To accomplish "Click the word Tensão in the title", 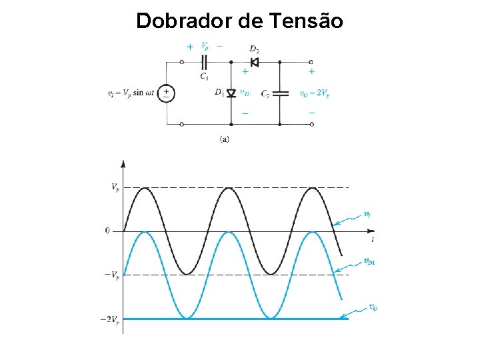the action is [x=307, y=21].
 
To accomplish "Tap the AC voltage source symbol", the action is [x=166, y=93].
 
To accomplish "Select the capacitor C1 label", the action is [x=204, y=76].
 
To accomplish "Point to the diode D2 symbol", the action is [x=254, y=62].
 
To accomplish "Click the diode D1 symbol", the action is [x=231, y=93].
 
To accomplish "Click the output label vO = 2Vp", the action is [x=314, y=93].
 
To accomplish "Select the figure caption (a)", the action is [x=225, y=139].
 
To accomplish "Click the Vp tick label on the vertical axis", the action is [x=115, y=187].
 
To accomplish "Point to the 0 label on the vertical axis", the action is [x=107, y=231].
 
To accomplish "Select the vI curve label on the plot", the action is [x=367, y=214].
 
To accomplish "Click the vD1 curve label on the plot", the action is [x=370, y=261].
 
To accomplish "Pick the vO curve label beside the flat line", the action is [x=373, y=307].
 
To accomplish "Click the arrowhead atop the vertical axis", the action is [x=123, y=163].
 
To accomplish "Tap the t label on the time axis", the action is [x=372, y=238].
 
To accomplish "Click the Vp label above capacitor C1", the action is [x=205, y=47].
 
